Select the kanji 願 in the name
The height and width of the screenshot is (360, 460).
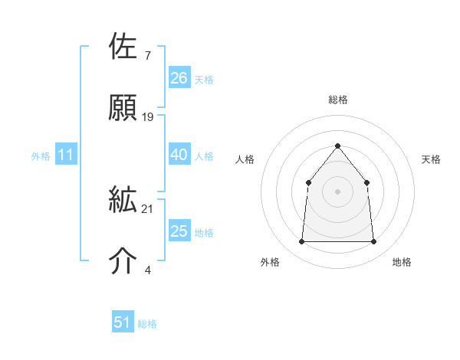point(123,107)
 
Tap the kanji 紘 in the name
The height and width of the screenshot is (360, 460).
point(123,201)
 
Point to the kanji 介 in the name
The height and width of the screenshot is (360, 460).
point(123,260)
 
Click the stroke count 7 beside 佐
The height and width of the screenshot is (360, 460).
point(147,56)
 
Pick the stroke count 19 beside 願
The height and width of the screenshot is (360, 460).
point(148,116)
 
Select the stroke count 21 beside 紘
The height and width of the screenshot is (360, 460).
point(148,208)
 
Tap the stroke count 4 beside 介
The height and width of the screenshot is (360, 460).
point(147,269)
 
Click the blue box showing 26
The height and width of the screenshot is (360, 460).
point(179,78)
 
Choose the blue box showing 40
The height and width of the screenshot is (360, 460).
point(179,155)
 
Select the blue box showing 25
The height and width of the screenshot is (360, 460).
point(179,231)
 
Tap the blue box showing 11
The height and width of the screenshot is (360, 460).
point(65,155)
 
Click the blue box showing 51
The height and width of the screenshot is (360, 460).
point(123,322)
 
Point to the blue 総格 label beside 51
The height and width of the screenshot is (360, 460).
point(147,324)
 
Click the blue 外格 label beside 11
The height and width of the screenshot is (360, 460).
point(41,156)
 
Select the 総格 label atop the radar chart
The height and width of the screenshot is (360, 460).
point(337,100)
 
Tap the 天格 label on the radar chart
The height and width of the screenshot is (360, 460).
point(431,159)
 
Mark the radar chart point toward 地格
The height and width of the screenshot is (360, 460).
point(373,242)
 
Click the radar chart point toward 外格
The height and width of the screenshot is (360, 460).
point(302,242)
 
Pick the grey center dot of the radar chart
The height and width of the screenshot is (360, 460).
point(337,191)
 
